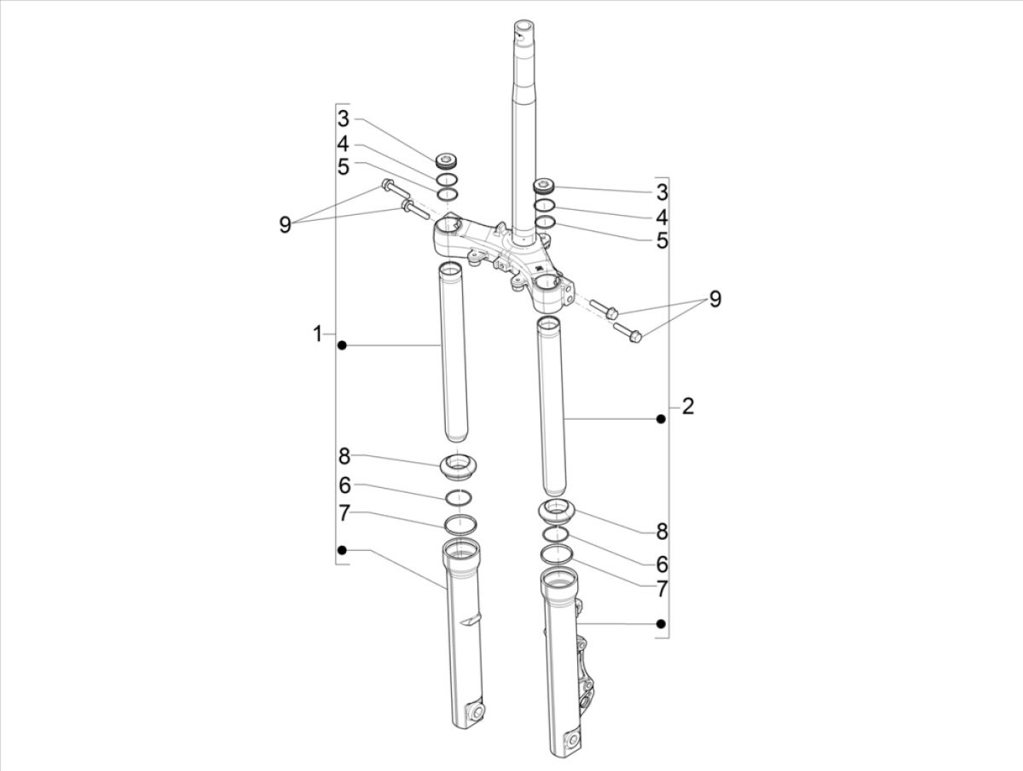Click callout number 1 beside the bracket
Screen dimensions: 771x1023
click(x=317, y=333)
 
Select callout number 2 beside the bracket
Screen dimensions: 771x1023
click(x=688, y=406)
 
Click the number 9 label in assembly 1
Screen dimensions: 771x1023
click(x=286, y=224)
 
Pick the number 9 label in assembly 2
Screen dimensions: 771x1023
click(x=714, y=299)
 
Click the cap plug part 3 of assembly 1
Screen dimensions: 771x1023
click(x=447, y=160)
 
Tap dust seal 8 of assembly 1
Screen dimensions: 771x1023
click(x=458, y=467)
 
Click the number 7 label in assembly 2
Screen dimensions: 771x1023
click(x=662, y=588)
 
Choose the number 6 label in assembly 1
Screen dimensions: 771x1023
click(x=344, y=485)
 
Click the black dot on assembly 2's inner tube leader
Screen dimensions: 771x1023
click(x=660, y=419)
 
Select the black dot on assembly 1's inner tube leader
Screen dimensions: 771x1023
click(x=342, y=345)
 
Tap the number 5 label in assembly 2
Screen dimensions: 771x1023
click(x=662, y=241)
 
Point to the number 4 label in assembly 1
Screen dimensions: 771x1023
click(x=343, y=143)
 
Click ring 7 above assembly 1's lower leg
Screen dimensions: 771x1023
click(x=459, y=524)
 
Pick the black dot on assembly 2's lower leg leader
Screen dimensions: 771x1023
click(x=660, y=625)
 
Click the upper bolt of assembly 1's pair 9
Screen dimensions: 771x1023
click(x=390, y=185)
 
